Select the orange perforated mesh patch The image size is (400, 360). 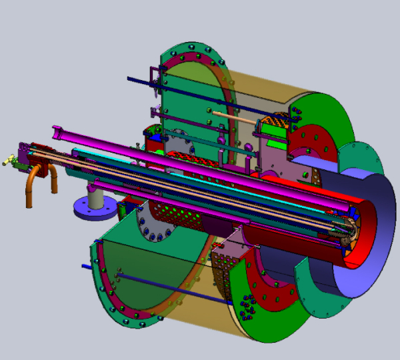click(275, 123)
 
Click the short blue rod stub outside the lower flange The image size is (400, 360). click(87, 267)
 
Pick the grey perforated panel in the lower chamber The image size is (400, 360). click(227, 267)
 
